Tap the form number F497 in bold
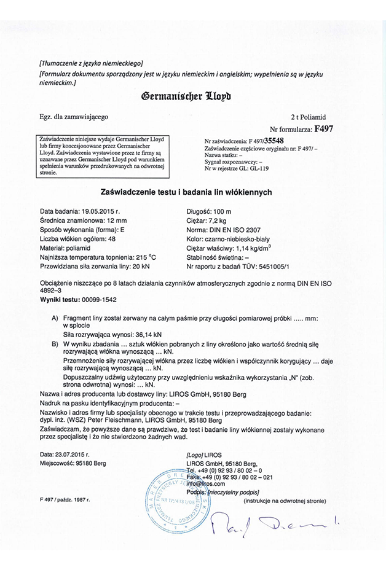tap(323, 129)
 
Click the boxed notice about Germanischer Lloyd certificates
tap(111, 156)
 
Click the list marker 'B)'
tap(56, 344)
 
